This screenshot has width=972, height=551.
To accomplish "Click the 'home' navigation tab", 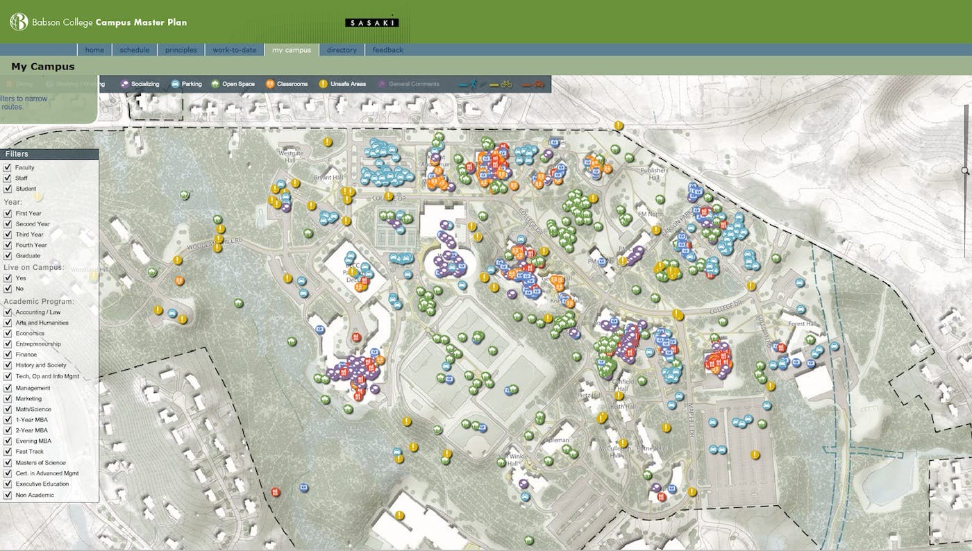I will click(94, 50).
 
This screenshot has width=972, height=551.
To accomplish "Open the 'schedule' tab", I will click(134, 50).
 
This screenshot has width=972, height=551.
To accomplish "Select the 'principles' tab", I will click(181, 50).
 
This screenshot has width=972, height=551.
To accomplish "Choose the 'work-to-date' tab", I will click(235, 50).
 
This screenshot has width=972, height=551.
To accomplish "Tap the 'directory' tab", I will click(342, 50).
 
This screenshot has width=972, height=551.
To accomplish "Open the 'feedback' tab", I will click(388, 50).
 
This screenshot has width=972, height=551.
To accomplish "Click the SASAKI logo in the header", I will click(372, 23).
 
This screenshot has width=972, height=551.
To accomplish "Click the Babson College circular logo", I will click(19, 22).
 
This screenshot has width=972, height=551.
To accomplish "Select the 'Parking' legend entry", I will click(186, 84).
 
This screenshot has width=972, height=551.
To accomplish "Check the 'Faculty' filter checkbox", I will click(8, 167).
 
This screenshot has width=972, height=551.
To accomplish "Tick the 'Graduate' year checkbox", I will click(8, 255).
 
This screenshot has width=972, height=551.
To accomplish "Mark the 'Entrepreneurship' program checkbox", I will click(8, 344).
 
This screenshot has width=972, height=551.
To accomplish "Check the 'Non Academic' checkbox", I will click(8, 495).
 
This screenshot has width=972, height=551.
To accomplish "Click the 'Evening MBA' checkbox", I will click(8, 441).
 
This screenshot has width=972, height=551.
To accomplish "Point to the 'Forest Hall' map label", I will click(800, 323).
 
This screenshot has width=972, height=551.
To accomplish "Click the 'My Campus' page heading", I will click(43, 67).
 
